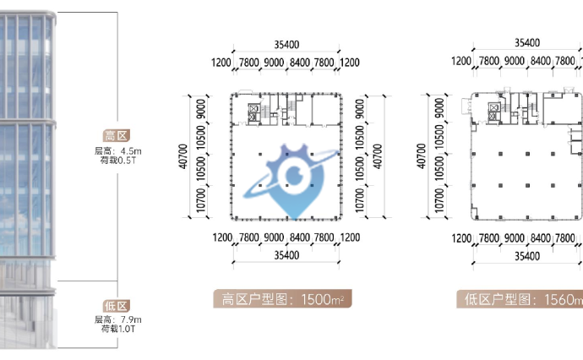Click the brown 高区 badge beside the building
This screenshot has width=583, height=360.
click(117, 136)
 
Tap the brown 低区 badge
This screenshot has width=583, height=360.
click(117, 306)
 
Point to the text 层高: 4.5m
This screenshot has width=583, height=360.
click(117, 151)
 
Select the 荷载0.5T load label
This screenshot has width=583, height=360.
click(117, 161)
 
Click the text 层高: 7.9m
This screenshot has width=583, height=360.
click(117, 319)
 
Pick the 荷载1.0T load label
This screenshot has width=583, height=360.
click(117, 329)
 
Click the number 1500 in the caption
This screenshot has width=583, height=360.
click(316, 299)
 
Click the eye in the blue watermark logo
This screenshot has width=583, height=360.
click(294, 174)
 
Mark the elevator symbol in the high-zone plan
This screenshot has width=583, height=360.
click(253, 112)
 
